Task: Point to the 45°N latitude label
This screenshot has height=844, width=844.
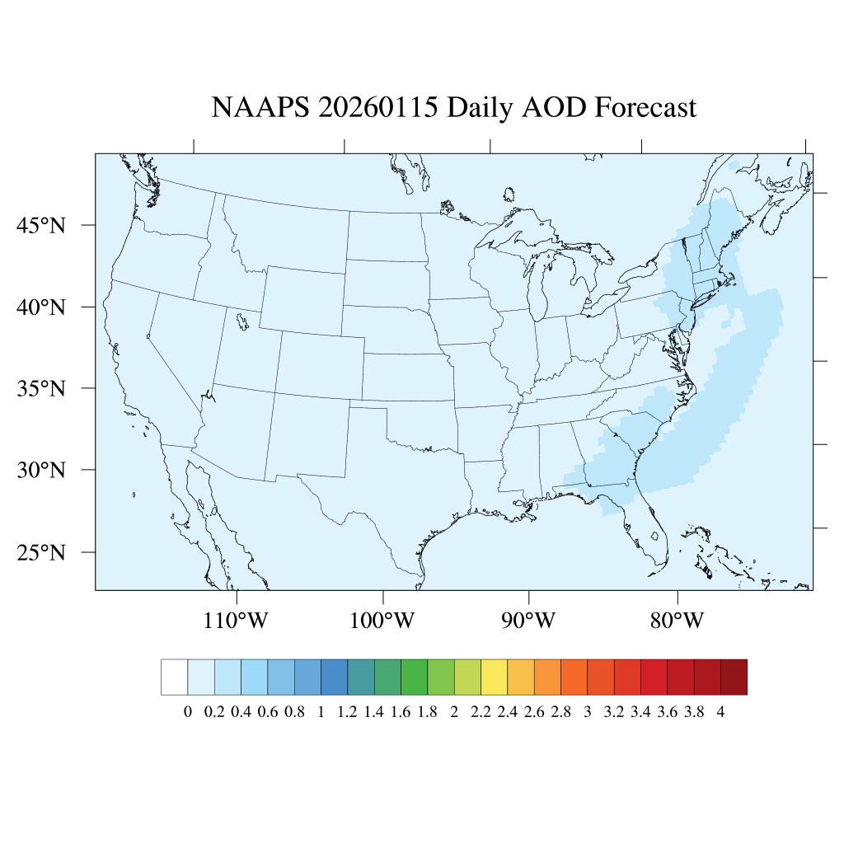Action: tap(41, 225)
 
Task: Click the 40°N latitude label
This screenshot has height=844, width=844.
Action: tap(41, 307)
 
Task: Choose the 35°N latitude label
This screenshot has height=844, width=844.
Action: tap(41, 388)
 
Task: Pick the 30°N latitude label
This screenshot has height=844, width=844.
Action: tap(41, 471)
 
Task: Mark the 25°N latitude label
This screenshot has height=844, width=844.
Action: tap(41, 552)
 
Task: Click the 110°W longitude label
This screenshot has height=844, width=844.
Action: tap(236, 621)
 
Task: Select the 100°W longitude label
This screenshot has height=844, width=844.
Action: tap(383, 621)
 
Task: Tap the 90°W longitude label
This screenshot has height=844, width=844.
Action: tap(529, 621)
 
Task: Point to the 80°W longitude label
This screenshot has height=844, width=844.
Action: tap(677, 621)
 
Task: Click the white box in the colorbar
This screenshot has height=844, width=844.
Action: tap(175, 677)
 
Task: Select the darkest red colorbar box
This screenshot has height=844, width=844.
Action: tap(734, 677)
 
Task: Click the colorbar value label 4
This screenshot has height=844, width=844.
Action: tap(721, 713)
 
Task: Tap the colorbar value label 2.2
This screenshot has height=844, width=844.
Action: tap(481, 713)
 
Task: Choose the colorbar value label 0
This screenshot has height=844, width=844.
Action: tap(188, 713)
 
